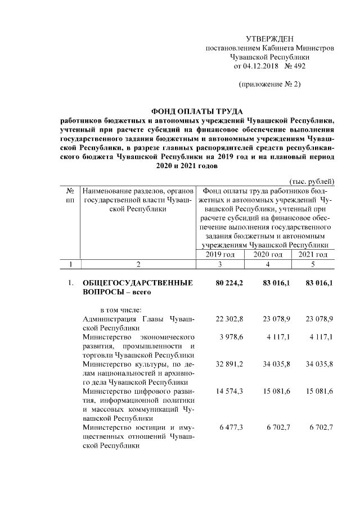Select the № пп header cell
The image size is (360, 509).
(x=70, y=195)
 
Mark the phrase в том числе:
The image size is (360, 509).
(x=121, y=310)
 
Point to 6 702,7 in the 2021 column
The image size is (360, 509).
(x=321, y=427)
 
